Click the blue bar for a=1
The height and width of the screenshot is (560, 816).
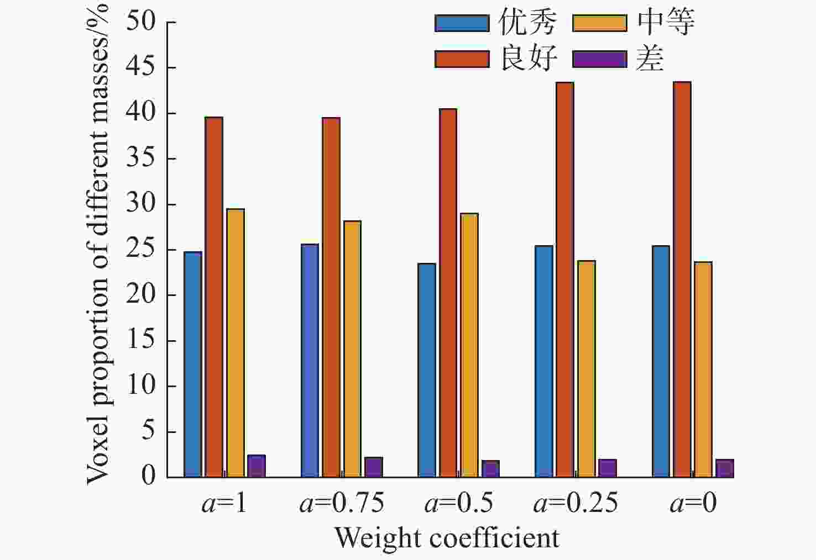[x=193, y=364]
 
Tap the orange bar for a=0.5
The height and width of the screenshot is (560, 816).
[x=469, y=345]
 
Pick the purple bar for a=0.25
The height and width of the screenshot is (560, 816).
[x=608, y=468]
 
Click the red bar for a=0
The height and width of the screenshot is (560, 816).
[x=682, y=279]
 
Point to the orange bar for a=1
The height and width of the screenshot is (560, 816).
[x=236, y=343]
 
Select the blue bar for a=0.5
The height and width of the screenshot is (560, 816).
[x=427, y=370]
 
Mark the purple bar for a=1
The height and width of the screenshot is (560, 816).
[x=257, y=466]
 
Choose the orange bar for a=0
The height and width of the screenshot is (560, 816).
[x=703, y=369]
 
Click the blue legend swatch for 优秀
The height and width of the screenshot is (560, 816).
[x=462, y=23]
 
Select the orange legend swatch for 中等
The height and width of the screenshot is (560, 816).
[x=600, y=23]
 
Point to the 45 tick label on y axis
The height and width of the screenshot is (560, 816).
[x=140, y=67]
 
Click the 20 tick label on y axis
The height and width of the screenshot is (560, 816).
[x=140, y=295]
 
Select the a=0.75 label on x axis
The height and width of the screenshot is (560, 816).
[x=342, y=503]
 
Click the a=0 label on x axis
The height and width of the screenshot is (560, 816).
[x=693, y=503]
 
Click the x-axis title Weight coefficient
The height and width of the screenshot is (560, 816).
[x=447, y=538]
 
